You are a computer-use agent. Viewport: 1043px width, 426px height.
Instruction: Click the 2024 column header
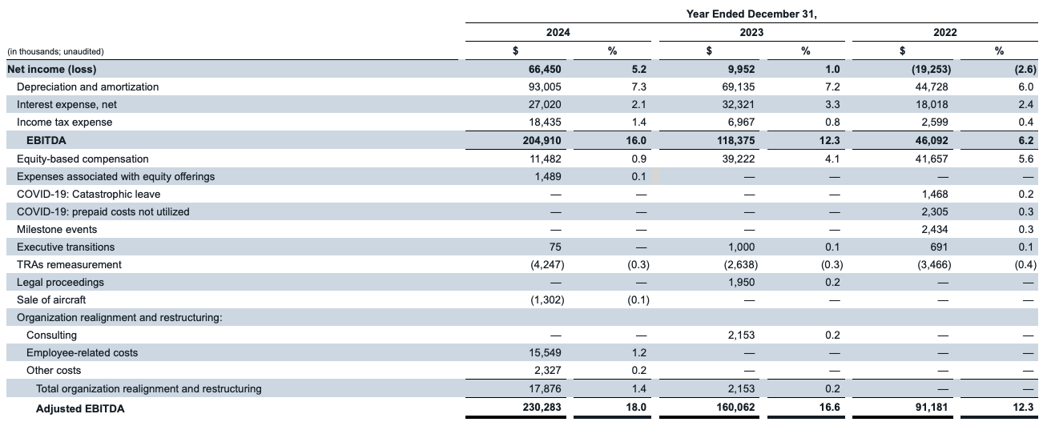tap(558, 32)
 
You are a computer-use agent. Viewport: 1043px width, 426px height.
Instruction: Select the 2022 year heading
tap(944, 32)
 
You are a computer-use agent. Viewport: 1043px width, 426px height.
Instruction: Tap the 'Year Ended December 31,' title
tap(751, 14)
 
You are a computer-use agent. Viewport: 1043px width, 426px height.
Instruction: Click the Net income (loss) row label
tap(52, 69)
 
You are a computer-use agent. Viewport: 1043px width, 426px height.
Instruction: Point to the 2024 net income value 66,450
tap(545, 69)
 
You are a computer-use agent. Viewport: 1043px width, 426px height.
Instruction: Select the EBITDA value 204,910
tap(542, 140)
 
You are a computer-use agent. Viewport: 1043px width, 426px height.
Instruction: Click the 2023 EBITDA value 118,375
tap(735, 140)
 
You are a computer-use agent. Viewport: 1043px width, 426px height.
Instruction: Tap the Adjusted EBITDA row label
tap(80, 408)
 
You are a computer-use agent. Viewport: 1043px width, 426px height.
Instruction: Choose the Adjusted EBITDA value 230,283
tap(542, 407)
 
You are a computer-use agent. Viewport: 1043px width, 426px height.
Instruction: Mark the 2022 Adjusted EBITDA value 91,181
tap(931, 407)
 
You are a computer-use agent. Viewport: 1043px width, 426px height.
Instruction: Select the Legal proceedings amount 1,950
tap(741, 282)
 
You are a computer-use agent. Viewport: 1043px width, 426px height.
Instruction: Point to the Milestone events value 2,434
tap(935, 229)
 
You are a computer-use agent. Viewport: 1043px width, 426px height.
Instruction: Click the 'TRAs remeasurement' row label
tap(69, 264)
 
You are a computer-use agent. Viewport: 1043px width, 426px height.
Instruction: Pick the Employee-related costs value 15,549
tap(545, 352)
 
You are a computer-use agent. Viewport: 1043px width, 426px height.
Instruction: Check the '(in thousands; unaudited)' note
tap(55, 51)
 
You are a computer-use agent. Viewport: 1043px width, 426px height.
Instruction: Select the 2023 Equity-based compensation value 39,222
tap(739, 159)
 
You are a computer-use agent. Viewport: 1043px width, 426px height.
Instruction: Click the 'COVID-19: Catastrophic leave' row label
tap(88, 194)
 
